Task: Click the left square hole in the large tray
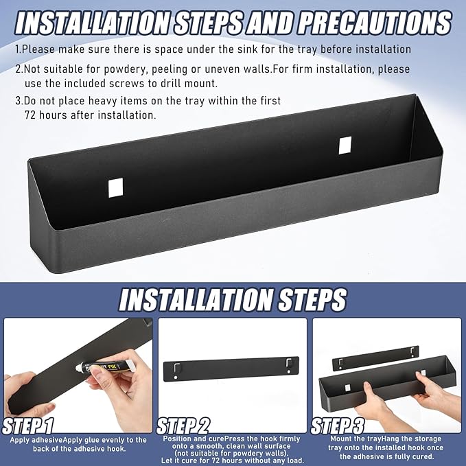(115, 187)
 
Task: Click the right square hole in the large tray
(345, 145)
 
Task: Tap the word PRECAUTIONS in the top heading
(375, 23)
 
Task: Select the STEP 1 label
(28, 426)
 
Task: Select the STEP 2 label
(183, 426)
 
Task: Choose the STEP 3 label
(337, 426)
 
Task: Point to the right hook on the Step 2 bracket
(288, 363)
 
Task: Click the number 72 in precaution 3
(30, 115)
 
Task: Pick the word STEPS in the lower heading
(312, 299)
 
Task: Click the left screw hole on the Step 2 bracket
(176, 377)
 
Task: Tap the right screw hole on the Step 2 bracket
(289, 372)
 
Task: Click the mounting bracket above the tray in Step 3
(375, 358)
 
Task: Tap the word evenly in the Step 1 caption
(114, 440)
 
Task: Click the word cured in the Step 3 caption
(422, 457)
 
